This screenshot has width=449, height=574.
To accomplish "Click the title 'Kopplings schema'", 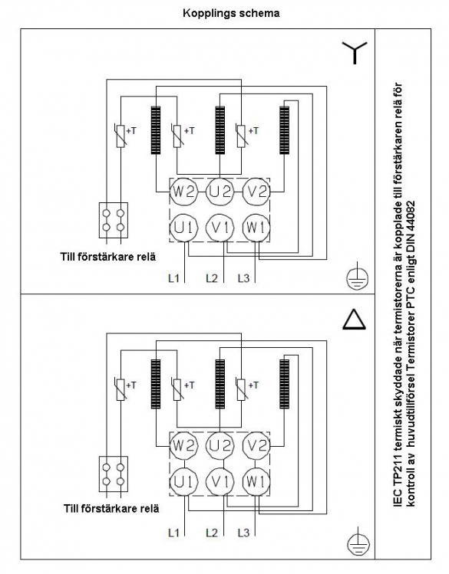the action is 231,14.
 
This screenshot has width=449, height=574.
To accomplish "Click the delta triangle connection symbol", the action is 354,320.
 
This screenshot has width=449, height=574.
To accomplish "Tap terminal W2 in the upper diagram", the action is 183,192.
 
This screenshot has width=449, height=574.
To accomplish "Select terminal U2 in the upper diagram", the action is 220,192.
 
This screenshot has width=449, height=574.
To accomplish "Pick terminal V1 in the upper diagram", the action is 220,228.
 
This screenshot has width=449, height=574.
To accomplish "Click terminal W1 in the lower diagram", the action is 256,482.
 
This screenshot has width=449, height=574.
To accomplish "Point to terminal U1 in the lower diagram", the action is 183,482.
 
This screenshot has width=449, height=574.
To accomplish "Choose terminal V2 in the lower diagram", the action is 256,446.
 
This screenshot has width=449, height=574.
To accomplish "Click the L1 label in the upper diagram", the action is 173,278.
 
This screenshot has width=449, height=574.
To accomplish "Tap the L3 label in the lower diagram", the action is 243,533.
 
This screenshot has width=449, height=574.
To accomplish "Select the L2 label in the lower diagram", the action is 212,533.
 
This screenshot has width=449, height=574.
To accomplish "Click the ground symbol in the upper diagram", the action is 358,277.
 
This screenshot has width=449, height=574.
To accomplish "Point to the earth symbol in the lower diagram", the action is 358,542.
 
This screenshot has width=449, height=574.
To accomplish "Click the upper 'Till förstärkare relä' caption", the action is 107,257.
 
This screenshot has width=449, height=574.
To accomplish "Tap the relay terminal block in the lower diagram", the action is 114,474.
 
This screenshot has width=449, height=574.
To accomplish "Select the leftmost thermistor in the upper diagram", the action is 121,136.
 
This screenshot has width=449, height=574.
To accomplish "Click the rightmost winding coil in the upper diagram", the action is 284,130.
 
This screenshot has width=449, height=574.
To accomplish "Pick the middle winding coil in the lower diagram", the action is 220,384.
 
